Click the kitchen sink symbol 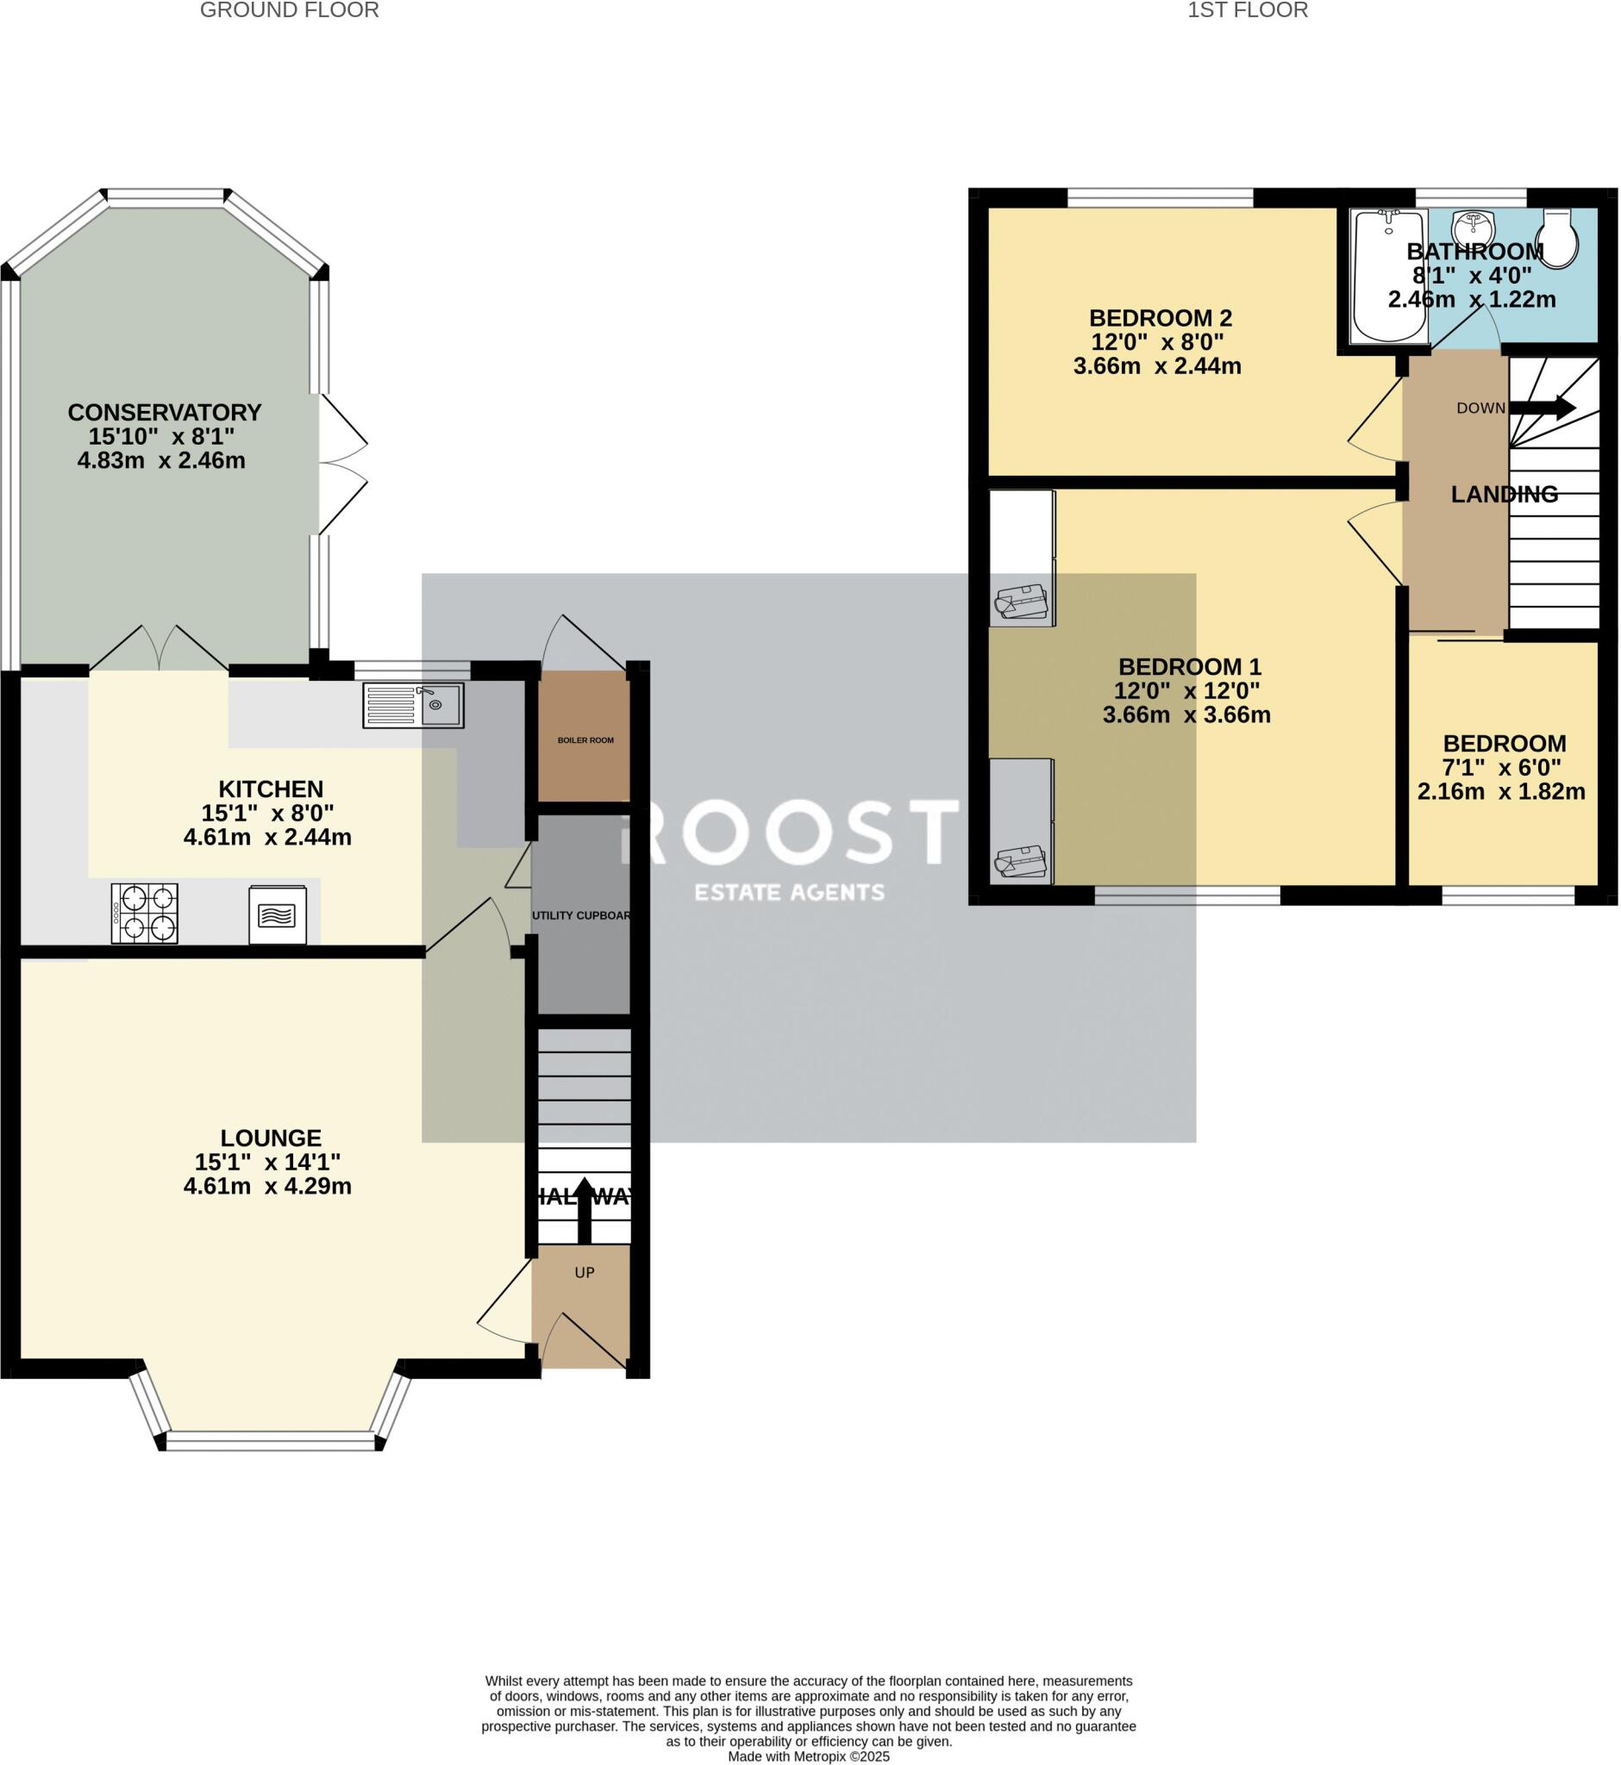[413, 705]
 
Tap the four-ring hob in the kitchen [145, 914]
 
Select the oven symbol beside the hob [278, 914]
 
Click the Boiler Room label [586, 740]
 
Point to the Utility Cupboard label [581, 915]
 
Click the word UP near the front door [585, 1272]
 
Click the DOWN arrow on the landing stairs [1542, 408]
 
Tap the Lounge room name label [270, 1138]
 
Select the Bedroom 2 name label [1160, 318]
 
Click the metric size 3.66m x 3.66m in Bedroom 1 [1186, 714]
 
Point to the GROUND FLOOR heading [290, 10]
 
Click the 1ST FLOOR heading [1248, 10]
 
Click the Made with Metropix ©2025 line [808, 1756]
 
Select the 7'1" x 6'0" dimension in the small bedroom [1502, 768]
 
